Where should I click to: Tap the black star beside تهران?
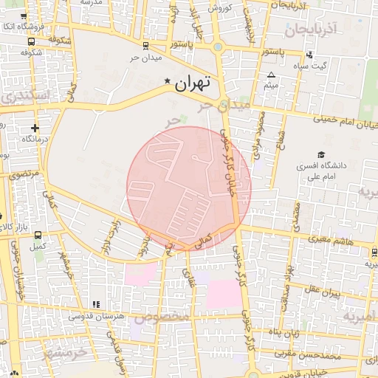[x=168, y=81]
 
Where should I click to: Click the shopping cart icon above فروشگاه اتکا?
[x=25, y=16]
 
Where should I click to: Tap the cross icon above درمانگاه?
[x=35, y=128]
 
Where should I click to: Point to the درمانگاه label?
[x=35, y=139]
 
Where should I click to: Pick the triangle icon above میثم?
[x=271, y=75]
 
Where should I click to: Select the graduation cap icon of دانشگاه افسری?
[x=321, y=154]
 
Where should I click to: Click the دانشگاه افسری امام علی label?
[x=319, y=171]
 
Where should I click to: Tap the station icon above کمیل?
[x=38, y=235]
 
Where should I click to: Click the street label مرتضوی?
[x=22, y=175]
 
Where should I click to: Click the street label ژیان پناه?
[x=284, y=333]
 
